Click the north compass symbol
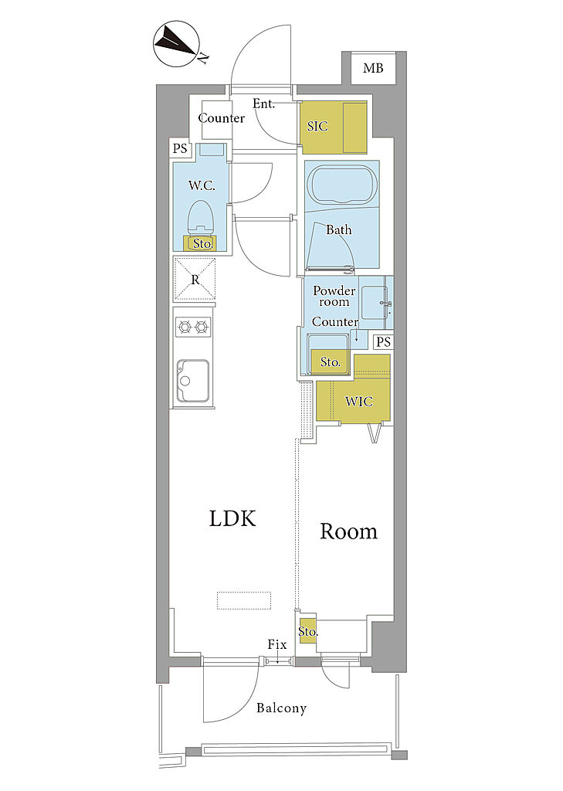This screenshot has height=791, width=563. click(178, 43)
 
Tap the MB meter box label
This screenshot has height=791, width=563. click(373, 68)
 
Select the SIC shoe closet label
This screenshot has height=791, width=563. click(317, 126)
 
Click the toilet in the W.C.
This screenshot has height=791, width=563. click(201, 218)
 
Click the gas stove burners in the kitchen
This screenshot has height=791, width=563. click(193, 328)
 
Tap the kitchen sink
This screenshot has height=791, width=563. click(193, 380)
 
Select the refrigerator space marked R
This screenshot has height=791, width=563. click(195, 279)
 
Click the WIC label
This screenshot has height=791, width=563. click(358, 402)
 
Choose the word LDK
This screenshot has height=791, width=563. click(232, 519)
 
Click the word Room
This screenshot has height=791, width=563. click(348, 531)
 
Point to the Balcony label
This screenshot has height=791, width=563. click(281, 708)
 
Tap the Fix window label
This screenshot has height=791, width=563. click(277, 644)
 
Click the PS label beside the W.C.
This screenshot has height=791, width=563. click(180, 149)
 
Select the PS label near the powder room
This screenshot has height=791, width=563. click(383, 342)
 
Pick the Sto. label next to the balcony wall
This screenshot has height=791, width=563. click(307, 632)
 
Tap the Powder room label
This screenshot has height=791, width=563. click(334, 296)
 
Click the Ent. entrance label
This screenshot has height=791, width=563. click(264, 104)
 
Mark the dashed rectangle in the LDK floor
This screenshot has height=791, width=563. click(244, 600)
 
